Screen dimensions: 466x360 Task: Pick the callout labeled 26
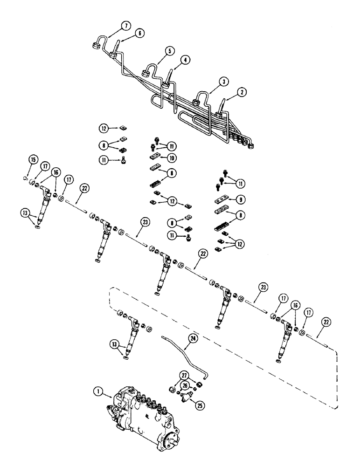pos(186,385)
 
